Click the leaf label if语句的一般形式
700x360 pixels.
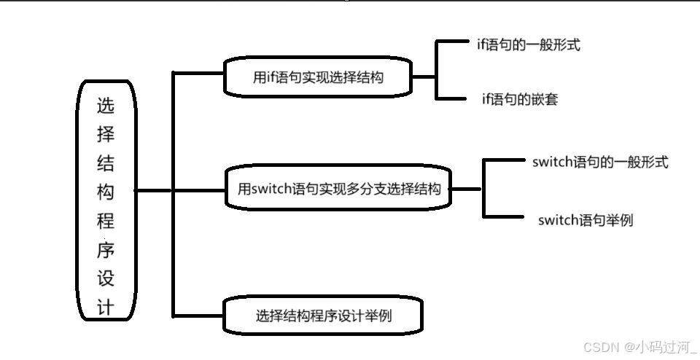tap(524, 45)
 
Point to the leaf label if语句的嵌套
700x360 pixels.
tap(520, 99)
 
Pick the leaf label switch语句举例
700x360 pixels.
tap(586, 219)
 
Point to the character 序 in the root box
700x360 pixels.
tap(106, 250)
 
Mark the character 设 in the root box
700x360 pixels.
tap(106, 278)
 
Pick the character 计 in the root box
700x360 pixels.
tap(106, 306)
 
